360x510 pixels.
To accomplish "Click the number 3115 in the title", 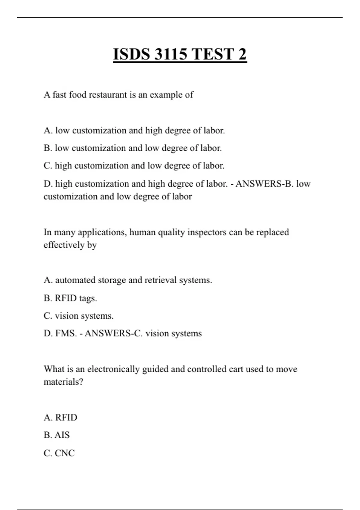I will pos(171,54).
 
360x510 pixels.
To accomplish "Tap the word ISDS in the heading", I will pos(131,54).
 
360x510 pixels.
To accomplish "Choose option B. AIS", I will pos(57,435).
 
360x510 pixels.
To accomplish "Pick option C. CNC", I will pos(59,453).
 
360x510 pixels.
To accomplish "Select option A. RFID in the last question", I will pos(60,417).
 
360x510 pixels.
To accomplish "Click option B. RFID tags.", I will pos(70,298).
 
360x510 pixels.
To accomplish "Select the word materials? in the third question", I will pos(63,382).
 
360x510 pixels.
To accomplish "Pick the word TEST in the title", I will pos(213,54).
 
